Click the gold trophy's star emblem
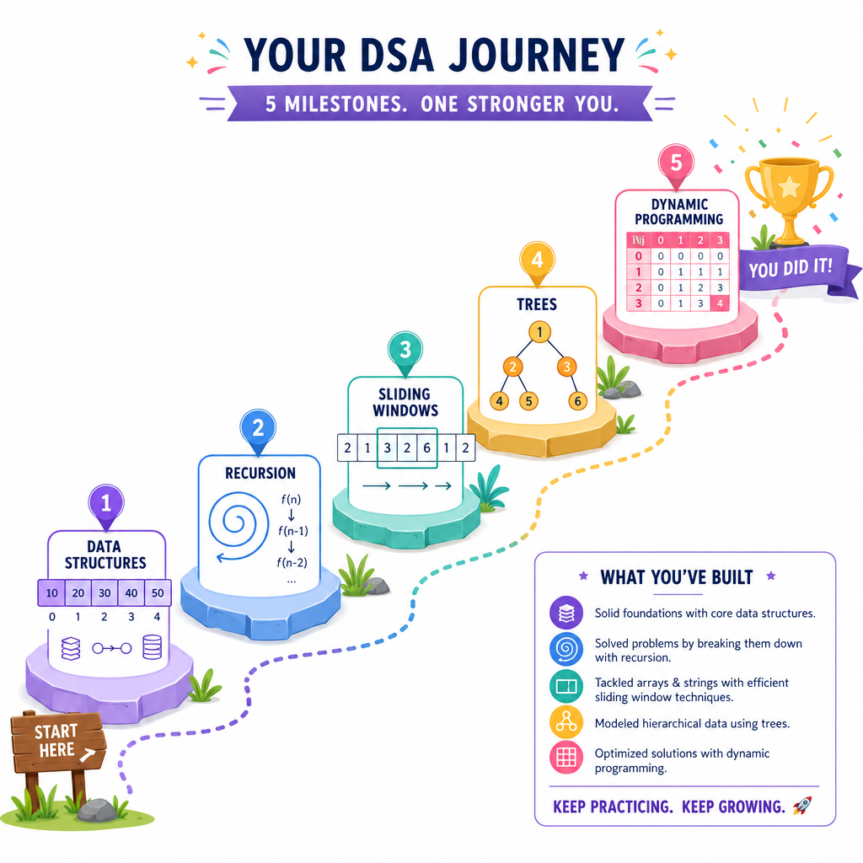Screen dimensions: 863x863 789,186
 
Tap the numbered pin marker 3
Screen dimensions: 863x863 405,353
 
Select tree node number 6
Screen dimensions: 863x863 577,401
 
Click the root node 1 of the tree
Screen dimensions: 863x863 539,332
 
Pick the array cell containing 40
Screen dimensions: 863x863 131,592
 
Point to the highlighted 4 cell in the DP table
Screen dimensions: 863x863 720,303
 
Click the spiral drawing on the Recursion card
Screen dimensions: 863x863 239,526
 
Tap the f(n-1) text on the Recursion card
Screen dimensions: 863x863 292,531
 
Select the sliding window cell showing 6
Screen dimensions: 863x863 426,448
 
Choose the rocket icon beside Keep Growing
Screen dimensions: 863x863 802,806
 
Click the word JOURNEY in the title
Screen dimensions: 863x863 537,55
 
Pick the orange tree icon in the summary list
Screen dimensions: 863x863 566,722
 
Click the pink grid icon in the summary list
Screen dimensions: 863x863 566,758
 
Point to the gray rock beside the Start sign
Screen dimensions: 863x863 98,810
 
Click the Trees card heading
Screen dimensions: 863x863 537,304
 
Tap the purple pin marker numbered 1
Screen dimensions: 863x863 106,507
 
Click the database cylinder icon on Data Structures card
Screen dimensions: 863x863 152,647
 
